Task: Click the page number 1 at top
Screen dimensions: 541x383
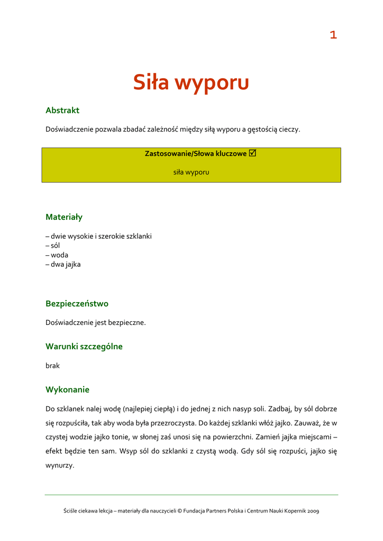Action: (x=333, y=35)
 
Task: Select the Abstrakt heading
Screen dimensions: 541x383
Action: (x=62, y=110)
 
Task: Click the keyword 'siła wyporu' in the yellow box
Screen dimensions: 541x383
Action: (x=191, y=172)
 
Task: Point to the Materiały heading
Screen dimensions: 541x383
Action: (x=64, y=217)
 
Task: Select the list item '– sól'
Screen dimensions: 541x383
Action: (x=53, y=246)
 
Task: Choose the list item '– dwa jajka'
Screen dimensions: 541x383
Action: (x=63, y=264)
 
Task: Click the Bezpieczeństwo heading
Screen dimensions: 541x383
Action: (x=77, y=304)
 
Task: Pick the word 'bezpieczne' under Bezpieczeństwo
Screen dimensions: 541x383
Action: (x=127, y=322)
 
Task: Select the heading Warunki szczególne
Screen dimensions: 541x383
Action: (x=84, y=347)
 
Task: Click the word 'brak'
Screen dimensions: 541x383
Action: (x=53, y=365)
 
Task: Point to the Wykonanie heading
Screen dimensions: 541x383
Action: (x=67, y=390)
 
